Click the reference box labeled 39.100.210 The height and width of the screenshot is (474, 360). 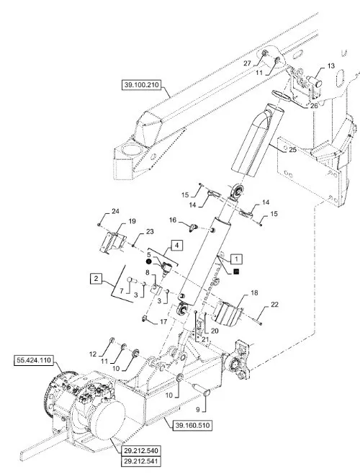[141, 85]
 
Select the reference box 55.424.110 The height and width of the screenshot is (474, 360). [34, 361]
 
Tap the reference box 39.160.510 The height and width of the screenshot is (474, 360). [192, 426]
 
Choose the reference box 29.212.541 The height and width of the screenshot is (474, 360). [141, 462]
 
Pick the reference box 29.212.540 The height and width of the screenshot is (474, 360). [141, 451]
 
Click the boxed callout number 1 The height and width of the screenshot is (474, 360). [236, 259]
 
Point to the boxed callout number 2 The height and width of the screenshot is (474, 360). [96, 278]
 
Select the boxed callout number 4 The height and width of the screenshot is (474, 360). [177, 245]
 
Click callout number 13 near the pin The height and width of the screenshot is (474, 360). [331, 66]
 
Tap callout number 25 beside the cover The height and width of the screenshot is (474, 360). [292, 150]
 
